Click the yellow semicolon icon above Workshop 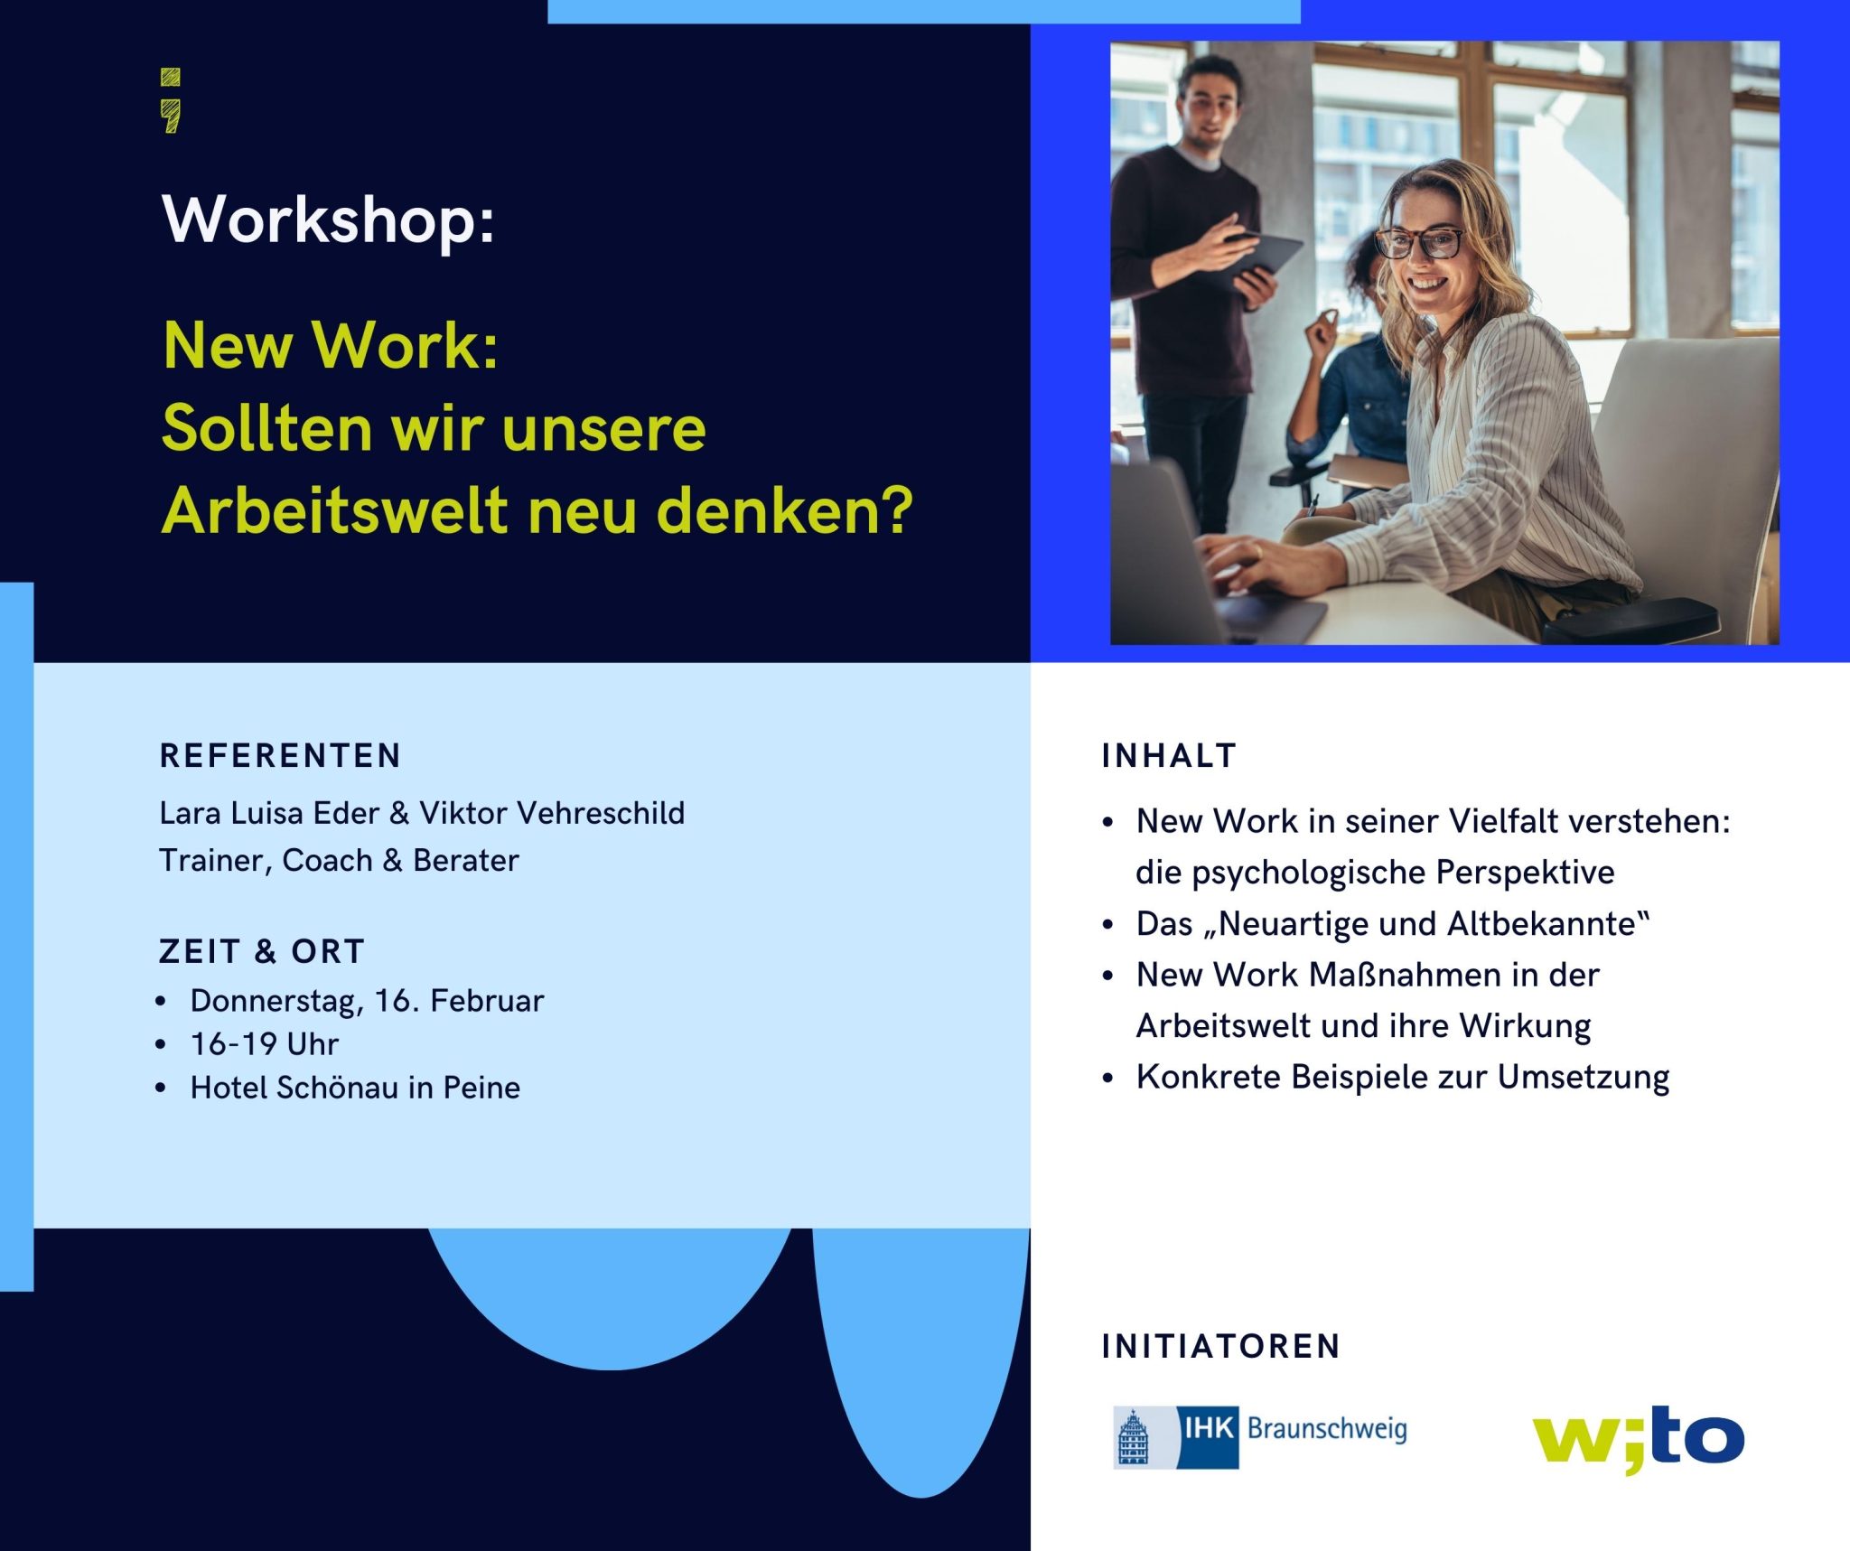[170, 100]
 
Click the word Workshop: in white [328, 220]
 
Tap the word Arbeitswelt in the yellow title [334, 510]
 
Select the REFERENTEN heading [280, 756]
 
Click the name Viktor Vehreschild [552, 813]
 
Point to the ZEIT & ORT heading [262, 952]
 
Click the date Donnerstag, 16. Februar [367, 1001]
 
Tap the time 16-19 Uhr [264, 1044]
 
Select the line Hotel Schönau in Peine [355, 1088]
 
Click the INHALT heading [1169, 756]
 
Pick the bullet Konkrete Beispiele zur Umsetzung [1402, 1077]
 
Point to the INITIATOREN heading [1221, 1347]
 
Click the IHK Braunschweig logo [1260, 1436]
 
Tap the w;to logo [1638, 1438]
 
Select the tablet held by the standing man [1265, 255]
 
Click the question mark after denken [895, 510]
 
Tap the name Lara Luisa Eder [269, 813]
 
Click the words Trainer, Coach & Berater [339, 861]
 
